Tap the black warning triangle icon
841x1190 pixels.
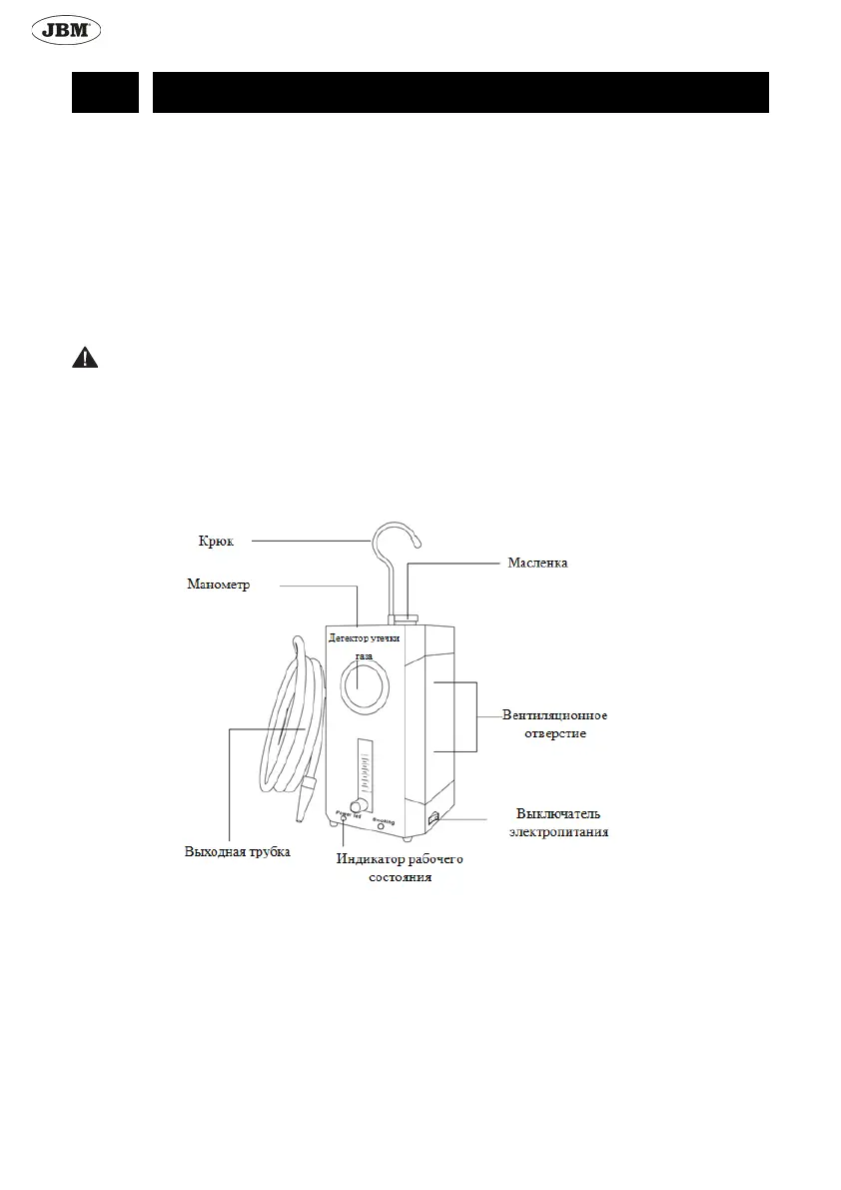coord(85,359)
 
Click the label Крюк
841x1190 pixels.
coord(216,542)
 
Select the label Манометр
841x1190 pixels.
coord(218,585)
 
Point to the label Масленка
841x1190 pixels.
coord(537,564)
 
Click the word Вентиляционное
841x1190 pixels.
coord(554,715)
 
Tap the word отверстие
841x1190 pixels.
coord(554,733)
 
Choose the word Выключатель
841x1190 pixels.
coord(558,813)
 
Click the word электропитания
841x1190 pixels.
coord(558,831)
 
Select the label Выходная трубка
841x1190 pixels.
coord(238,852)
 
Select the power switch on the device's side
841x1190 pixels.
coord(433,819)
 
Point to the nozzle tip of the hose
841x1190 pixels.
coord(301,817)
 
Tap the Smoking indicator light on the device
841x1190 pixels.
coord(382,828)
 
